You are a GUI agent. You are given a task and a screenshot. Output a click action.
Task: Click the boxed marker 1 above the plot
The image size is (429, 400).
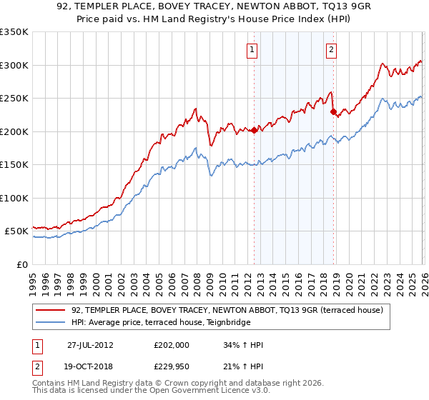point(253,50)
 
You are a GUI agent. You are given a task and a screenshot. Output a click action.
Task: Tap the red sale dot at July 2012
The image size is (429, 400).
point(254,130)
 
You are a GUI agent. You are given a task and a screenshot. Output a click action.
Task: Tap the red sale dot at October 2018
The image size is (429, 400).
point(333,111)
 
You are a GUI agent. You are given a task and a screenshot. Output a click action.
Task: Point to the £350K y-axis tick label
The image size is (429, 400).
point(14,32)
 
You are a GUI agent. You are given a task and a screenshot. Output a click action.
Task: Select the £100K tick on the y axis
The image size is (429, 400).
point(14,198)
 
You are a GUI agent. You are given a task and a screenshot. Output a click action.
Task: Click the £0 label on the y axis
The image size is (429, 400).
point(21,264)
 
